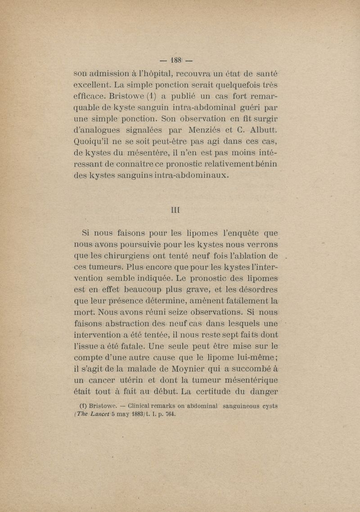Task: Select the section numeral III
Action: click(177, 209)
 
